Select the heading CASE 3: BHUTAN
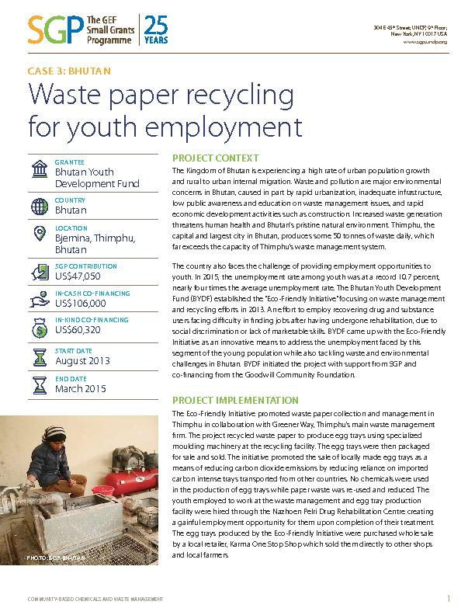click(68, 71)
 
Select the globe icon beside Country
click(39, 206)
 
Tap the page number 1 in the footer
click(449, 598)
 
